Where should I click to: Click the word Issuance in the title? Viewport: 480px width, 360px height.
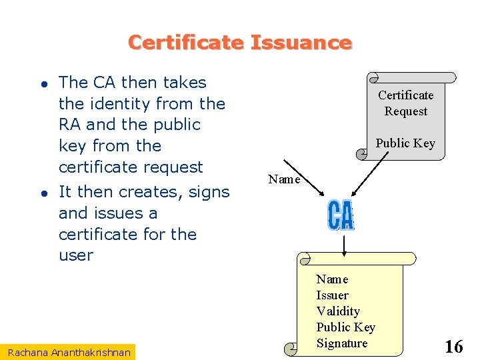click(x=301, y=43)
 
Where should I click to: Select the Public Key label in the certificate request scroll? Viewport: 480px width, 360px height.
click(x=405, y=143)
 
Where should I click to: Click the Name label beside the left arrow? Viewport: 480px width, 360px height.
click(x=284, y=179)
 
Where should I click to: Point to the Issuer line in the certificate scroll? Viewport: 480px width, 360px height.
click(x=332, y=295)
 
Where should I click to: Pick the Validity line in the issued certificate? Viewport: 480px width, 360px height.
click(x=338, y=311)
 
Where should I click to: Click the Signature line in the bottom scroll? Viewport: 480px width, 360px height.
click(x=341, y=343)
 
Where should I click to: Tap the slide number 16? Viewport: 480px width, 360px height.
click(x=453, y=347)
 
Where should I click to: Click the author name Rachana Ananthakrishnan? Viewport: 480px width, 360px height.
click(x=70, y=351)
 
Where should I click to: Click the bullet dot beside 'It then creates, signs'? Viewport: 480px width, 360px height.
click(x=42, y=193)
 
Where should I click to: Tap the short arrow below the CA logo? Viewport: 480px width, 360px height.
click(x=343, y=243)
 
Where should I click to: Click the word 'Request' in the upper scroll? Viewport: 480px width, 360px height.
click(x=405, y=111)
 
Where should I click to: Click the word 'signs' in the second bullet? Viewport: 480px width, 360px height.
click(x=207, y=192)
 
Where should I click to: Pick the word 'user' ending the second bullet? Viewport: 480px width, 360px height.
click(x=76, y=255)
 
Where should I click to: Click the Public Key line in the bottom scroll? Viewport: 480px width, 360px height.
click(x=345, y=327)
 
